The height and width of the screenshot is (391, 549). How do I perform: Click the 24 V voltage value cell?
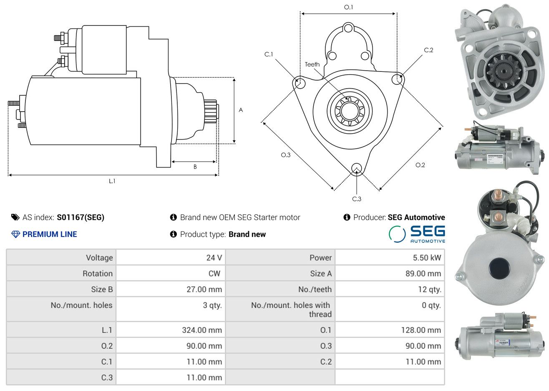coord(214,258)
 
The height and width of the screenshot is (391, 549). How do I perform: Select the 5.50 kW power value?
coord(426,258)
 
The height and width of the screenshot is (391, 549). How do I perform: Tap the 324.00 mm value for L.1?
coord(201,330)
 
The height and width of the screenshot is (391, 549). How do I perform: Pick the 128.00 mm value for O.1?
coord(421,330)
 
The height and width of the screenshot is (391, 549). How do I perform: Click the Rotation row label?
coord(97,274)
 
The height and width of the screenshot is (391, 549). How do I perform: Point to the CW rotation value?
coord(214,274)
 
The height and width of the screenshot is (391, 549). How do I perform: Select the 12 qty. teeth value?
coord(429,289)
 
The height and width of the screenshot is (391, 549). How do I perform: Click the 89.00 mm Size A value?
coord(423,274)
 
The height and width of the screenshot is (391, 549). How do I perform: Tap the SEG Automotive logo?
coord(417,234)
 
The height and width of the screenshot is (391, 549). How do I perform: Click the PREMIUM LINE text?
coord(49,234)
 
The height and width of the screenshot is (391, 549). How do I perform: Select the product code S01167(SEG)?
coord(81,217)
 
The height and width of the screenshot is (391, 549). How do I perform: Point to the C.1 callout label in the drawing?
coord(269,54)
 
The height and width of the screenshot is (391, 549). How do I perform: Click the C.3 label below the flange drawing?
coord(357,199)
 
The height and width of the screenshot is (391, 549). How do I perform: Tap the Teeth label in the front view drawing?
coord(312,64)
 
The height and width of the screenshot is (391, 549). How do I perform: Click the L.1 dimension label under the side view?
coord(112,181)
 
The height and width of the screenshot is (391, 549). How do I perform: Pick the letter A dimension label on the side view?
coord(241,110)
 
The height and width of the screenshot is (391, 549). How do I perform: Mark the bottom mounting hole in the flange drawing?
coord(356,168)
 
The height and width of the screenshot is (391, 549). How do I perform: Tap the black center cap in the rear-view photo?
coord(499,267)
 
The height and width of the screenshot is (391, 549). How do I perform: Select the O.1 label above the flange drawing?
coord(348,7)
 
